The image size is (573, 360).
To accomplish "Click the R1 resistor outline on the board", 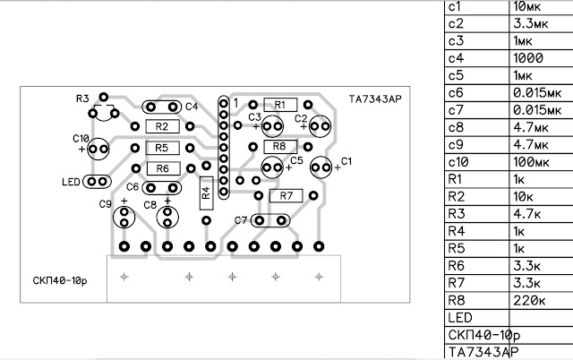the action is (x=279, y=105).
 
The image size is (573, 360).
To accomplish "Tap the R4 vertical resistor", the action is (x=206, y=193).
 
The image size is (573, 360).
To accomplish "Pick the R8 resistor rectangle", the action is (x=279, y=145).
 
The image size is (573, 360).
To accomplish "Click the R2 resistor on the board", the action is (x=161, y=125).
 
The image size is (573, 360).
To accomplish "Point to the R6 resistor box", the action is (x=161, y=167).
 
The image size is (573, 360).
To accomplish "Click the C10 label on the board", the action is (x=81, y=139).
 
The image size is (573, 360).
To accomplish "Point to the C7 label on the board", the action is (x=240, y=220).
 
